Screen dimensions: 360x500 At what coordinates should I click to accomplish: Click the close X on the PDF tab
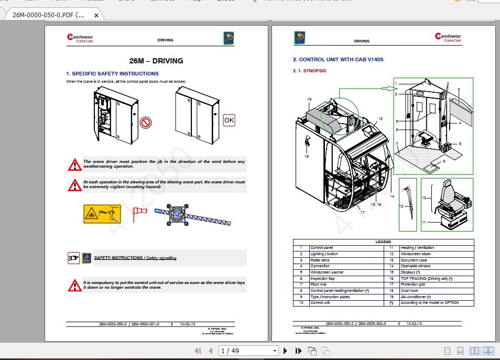coord(96,16)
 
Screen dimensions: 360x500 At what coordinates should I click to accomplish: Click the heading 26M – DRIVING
coord(156,61)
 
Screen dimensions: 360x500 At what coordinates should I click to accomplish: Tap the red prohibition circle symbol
coord(146,123)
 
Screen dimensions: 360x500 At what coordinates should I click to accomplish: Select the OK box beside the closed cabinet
coord(229,120)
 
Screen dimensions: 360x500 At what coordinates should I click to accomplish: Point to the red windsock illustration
coord(140,211)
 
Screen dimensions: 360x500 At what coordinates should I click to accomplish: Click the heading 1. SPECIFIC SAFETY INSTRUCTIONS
coord(112,74)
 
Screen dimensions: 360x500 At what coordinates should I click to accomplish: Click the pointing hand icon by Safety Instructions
coord(74,258)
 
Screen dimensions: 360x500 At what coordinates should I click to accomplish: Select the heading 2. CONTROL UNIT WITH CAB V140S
coord(338,60)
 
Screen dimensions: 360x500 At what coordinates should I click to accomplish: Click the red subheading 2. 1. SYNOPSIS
coord(309,71)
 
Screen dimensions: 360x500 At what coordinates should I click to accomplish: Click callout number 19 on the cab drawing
coord(309,99)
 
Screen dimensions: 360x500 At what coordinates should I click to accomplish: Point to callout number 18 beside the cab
coord(307,156)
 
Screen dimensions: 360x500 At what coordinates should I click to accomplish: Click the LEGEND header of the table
coord(383,242)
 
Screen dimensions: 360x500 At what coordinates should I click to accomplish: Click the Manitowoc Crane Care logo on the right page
coord(448,37)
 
